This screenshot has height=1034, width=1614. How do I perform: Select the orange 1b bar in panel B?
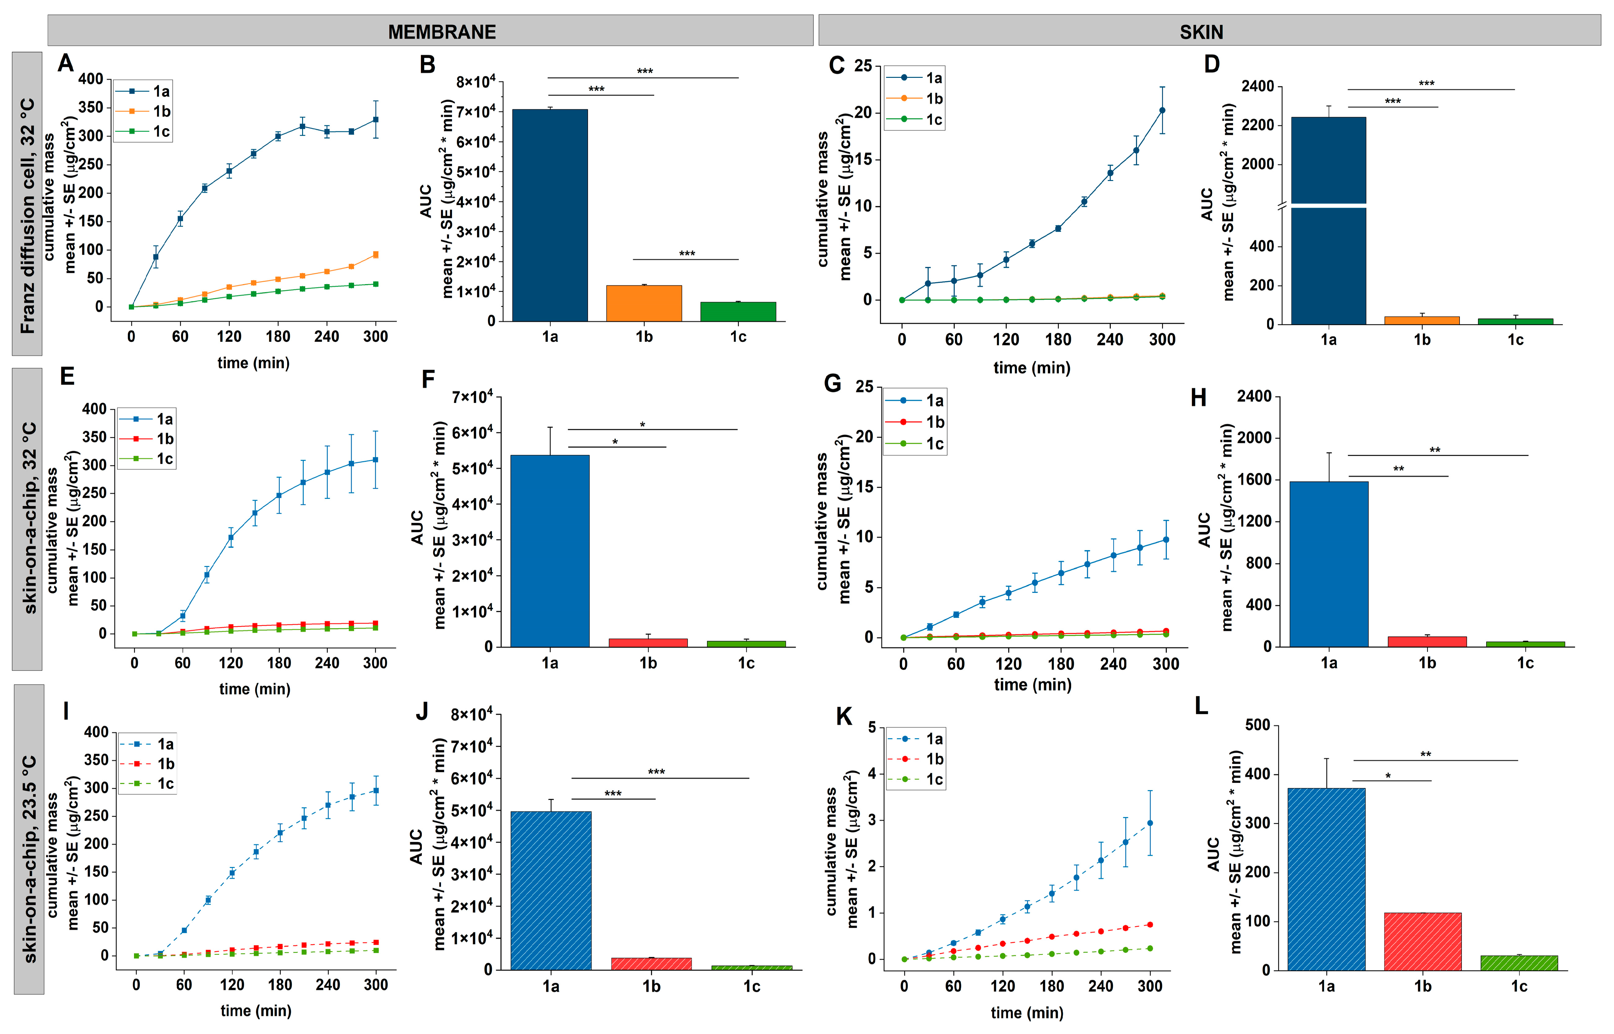click(x=643, y=304)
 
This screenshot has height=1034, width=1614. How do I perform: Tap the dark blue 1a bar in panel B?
click(x=549, y=215)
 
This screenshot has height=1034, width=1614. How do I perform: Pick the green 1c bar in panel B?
click(x=738, y=312)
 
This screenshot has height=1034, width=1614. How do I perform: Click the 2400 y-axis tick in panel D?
click(x=1257, y=86)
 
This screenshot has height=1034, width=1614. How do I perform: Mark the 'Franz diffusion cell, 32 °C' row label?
click(x=27, y=215)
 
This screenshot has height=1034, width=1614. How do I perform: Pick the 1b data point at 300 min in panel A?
click(x=375, y=255)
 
